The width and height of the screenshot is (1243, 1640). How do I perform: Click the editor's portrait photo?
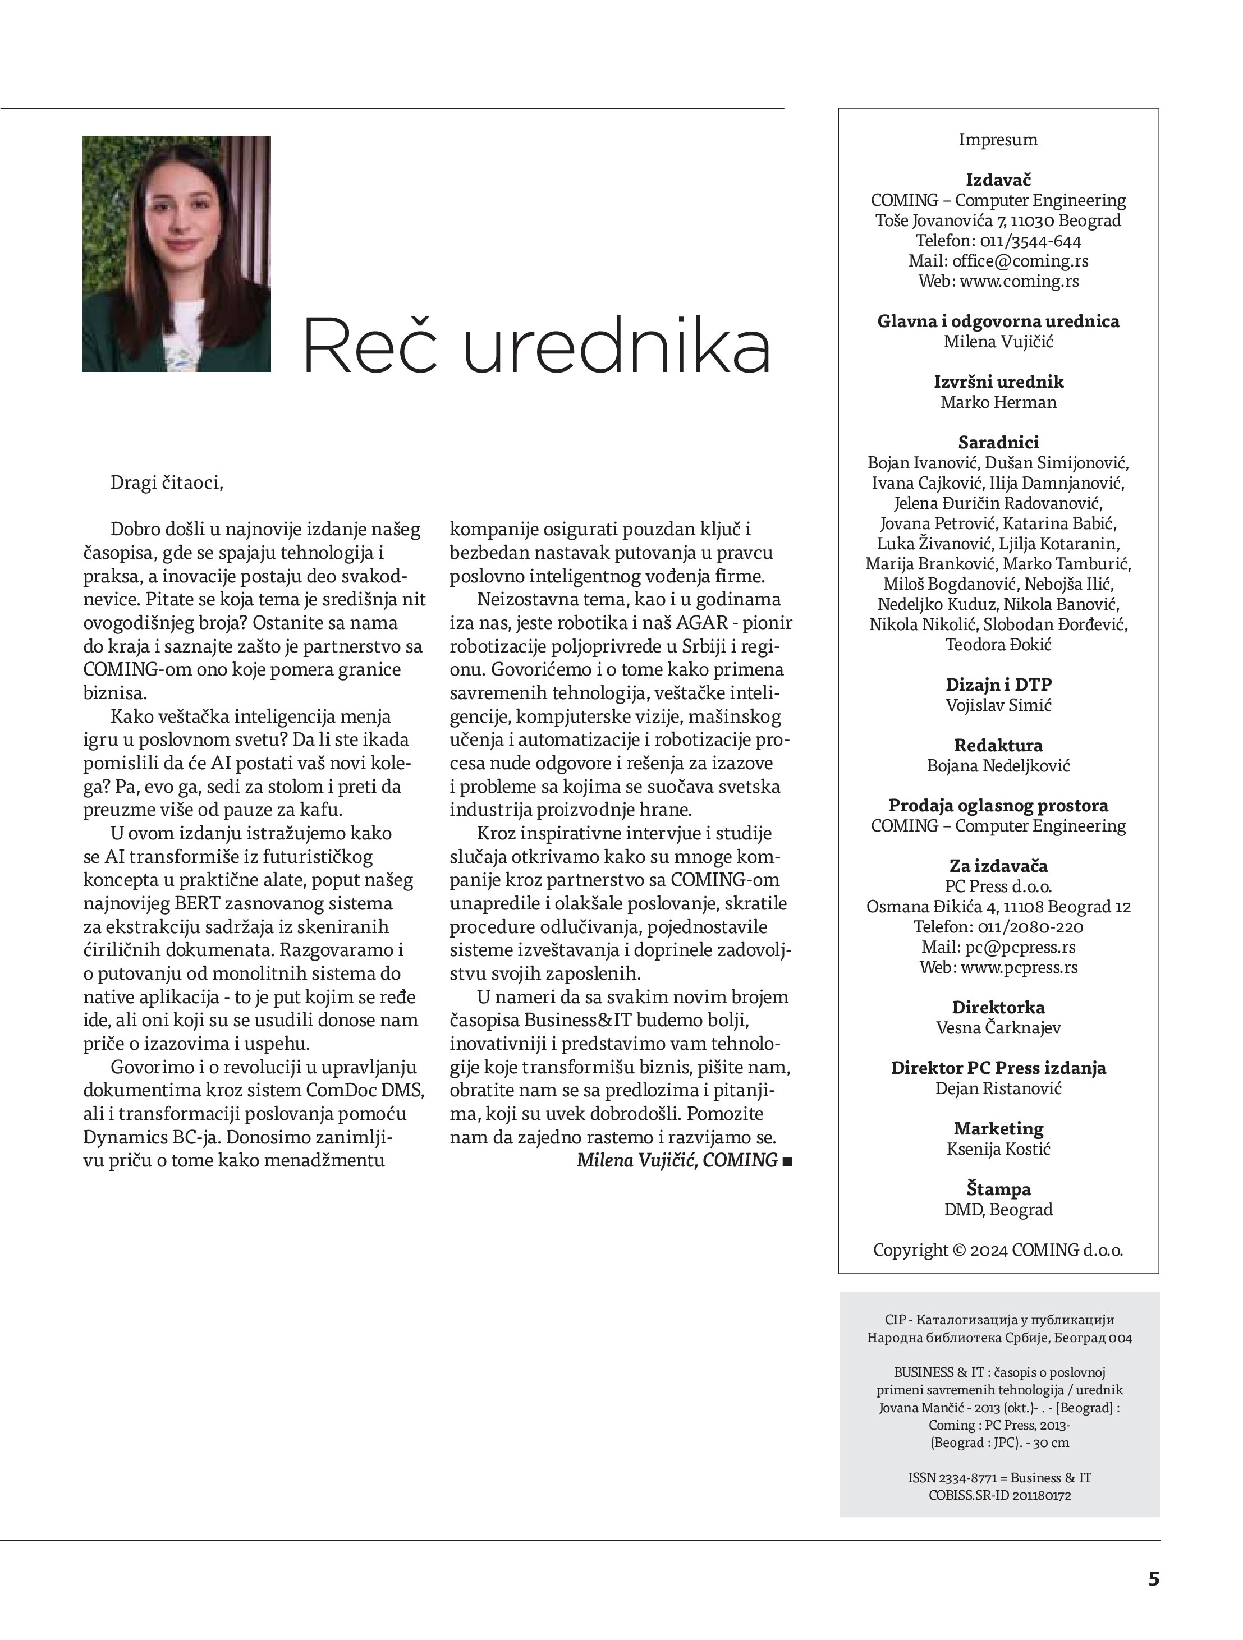177,254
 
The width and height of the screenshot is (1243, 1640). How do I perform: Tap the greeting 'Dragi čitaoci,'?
166,483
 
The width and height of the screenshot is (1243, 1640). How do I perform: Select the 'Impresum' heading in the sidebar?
998,139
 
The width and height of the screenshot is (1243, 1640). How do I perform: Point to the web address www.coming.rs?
1019,281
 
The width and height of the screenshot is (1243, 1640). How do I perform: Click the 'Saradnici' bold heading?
998,442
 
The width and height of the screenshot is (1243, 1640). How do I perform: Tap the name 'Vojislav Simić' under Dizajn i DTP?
998,705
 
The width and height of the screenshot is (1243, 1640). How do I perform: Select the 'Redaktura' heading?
998,745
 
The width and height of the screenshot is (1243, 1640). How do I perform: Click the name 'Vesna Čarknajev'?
998,1028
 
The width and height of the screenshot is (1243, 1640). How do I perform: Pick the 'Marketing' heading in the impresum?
998,1128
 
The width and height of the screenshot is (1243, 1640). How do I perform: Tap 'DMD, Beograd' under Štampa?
998,1209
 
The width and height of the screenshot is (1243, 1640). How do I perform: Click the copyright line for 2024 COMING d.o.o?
998,1250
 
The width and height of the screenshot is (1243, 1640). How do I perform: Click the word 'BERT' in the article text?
195,904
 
